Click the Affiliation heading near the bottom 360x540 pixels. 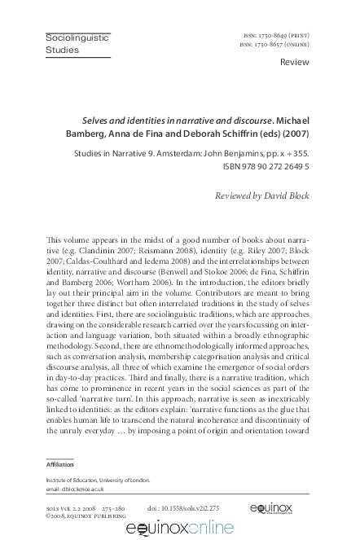(59, 464)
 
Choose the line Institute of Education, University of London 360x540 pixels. (96, 481)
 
